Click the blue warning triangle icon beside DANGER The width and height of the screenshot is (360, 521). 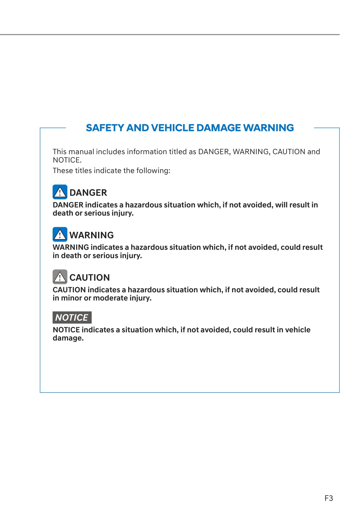tap(60, 192)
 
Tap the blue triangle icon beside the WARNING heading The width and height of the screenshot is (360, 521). tap(60, 234)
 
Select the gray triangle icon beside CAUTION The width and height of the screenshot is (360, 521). tap(60, 277)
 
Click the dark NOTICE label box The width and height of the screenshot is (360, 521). tap(72, 317)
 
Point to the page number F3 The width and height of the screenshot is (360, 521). tap(328, 498)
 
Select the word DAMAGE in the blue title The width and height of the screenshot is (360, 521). tap(218, 128)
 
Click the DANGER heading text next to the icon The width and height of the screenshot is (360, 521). tap(88, 192)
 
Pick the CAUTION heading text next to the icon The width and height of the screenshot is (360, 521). tap(90, 278)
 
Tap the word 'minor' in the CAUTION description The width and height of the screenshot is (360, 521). tap(71, 298)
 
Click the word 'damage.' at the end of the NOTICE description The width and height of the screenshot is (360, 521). tap(68, 338)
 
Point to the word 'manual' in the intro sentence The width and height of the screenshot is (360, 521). tap(81, 152)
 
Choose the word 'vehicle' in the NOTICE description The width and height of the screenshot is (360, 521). tap(298, 330)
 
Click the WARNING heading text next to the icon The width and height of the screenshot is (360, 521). tap(91, 235)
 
